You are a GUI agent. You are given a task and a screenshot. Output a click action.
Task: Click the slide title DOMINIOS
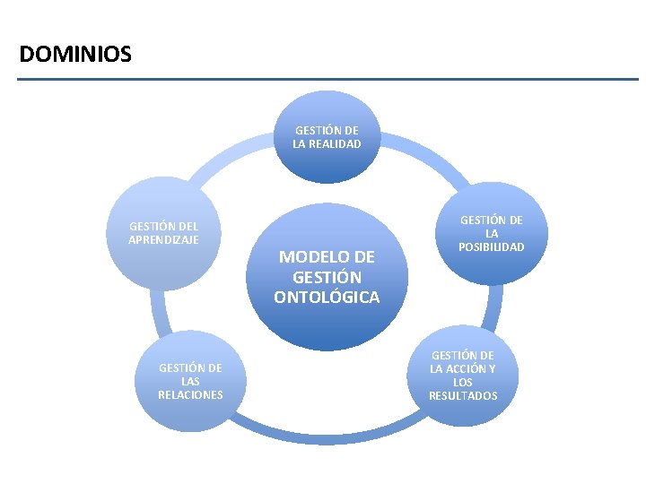(x=75, y=55)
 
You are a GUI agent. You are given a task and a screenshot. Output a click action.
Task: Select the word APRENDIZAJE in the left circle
(x=163, y=240)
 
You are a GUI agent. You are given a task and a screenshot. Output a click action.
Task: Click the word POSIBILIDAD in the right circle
(x=491, y=246)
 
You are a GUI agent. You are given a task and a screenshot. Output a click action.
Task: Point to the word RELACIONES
(x=190, y=394)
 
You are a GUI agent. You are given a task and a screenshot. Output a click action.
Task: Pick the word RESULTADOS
(x=463, y=395)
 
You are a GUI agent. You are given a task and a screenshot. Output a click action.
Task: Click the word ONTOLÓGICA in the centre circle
(x=327, y=297)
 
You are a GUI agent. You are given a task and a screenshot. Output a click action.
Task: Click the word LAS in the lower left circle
(x=190, y=381)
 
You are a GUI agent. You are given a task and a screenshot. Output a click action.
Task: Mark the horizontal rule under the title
(x=328, y=80)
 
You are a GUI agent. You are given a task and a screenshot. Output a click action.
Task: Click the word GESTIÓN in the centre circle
(x=327, y=277)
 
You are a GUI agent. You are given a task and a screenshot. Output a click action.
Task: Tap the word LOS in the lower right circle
(x=463, y=382)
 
